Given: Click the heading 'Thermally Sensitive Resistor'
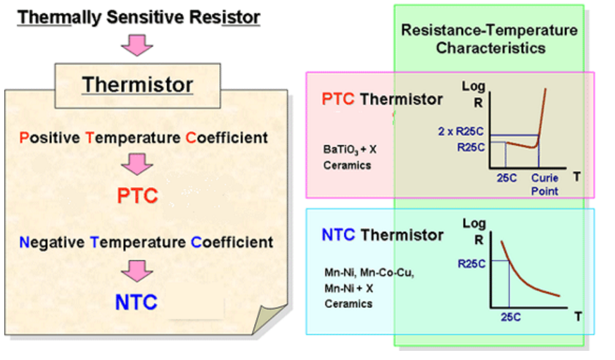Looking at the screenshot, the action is (139, 18).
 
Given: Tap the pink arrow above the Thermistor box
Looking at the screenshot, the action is (137, 46).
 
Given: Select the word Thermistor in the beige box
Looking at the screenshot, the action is (138, 85).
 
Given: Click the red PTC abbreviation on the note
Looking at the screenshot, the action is (138, 195).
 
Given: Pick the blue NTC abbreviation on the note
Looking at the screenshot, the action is (137, 302).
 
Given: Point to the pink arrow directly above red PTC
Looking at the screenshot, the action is (137, 164).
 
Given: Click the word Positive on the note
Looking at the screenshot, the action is (50, 138).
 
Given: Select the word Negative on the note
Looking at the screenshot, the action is (52, 243).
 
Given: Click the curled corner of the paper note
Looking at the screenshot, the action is (271, 319).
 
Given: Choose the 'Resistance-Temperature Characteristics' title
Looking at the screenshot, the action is (490, 39).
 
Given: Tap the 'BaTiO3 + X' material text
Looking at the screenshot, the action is (350, 150).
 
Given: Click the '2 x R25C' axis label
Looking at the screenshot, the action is (461, 131).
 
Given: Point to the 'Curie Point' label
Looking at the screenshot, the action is (545, 184).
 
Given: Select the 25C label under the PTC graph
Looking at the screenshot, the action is (507, 178).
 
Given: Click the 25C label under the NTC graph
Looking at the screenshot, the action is (511, 317).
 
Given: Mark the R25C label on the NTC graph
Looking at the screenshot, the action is (471, 264).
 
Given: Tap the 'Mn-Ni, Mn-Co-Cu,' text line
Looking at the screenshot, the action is (369, 273).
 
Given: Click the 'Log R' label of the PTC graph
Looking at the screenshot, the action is (474, 94).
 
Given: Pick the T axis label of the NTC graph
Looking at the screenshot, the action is (578, 316).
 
